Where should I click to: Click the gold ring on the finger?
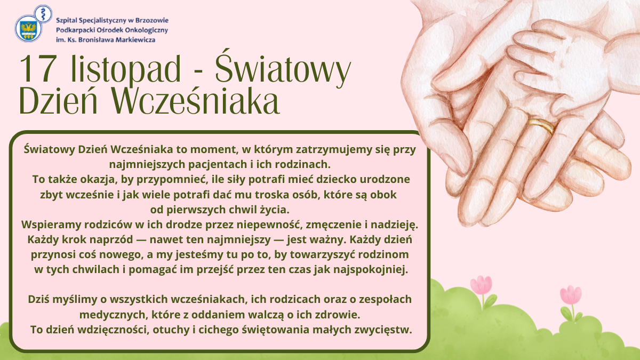tap(541, 125)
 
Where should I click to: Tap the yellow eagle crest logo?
tap(28, 29)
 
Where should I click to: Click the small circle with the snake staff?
tap(43, 14)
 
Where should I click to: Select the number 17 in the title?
tap(36, 69)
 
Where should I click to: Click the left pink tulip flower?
tap(481, 285)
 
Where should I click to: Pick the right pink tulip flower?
tap(571, 294)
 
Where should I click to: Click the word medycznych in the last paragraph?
tap(114, 315)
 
